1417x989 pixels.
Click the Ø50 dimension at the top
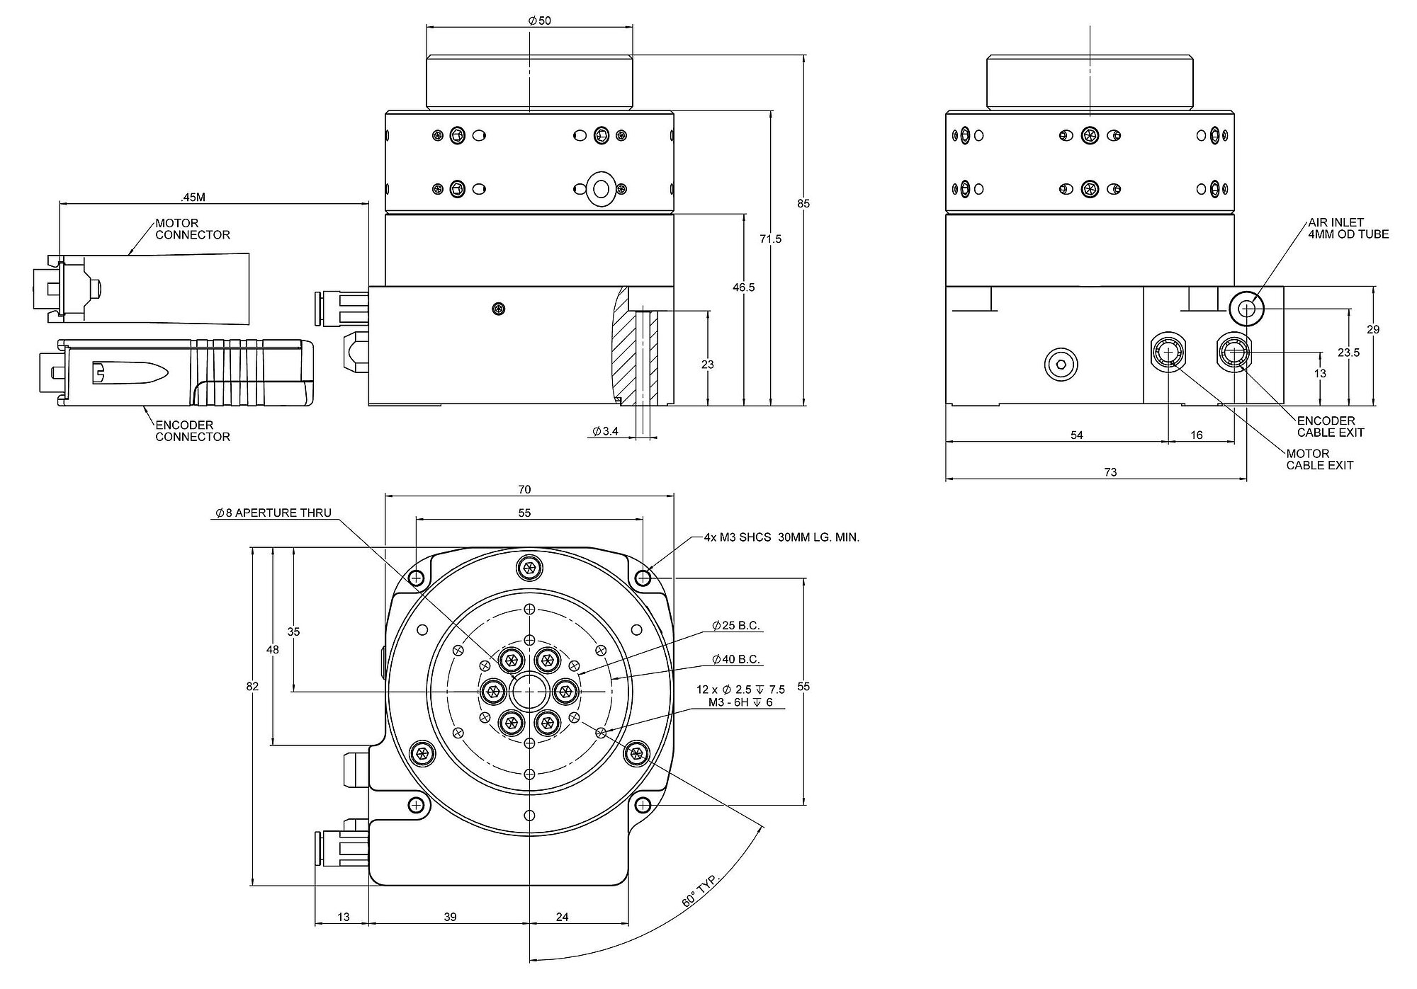pos(539,21)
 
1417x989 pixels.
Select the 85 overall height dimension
pos(803,204)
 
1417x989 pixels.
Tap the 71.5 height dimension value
pos(770,239)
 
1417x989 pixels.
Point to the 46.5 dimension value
pos(743,287)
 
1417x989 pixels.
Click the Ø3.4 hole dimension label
pos(606,431)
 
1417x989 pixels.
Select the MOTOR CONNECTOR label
pos(192,229)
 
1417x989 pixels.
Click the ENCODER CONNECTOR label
pos(192,431)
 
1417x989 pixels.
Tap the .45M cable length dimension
pos(193,196)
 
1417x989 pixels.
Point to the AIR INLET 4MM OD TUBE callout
pos(1348,228)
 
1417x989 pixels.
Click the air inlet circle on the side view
pos(1246,308)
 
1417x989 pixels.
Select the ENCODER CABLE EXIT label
pos(1330,426)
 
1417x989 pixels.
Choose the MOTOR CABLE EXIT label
pos(1319,459)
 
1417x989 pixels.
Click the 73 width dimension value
pos(1110,472)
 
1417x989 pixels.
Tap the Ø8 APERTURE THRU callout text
pos(273,513)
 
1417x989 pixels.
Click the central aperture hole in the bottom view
pos(529,691)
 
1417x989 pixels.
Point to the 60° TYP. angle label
pos(700,891)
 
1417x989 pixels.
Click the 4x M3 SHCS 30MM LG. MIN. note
pos(781,538)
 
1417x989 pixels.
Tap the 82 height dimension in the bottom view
pos(252,687)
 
